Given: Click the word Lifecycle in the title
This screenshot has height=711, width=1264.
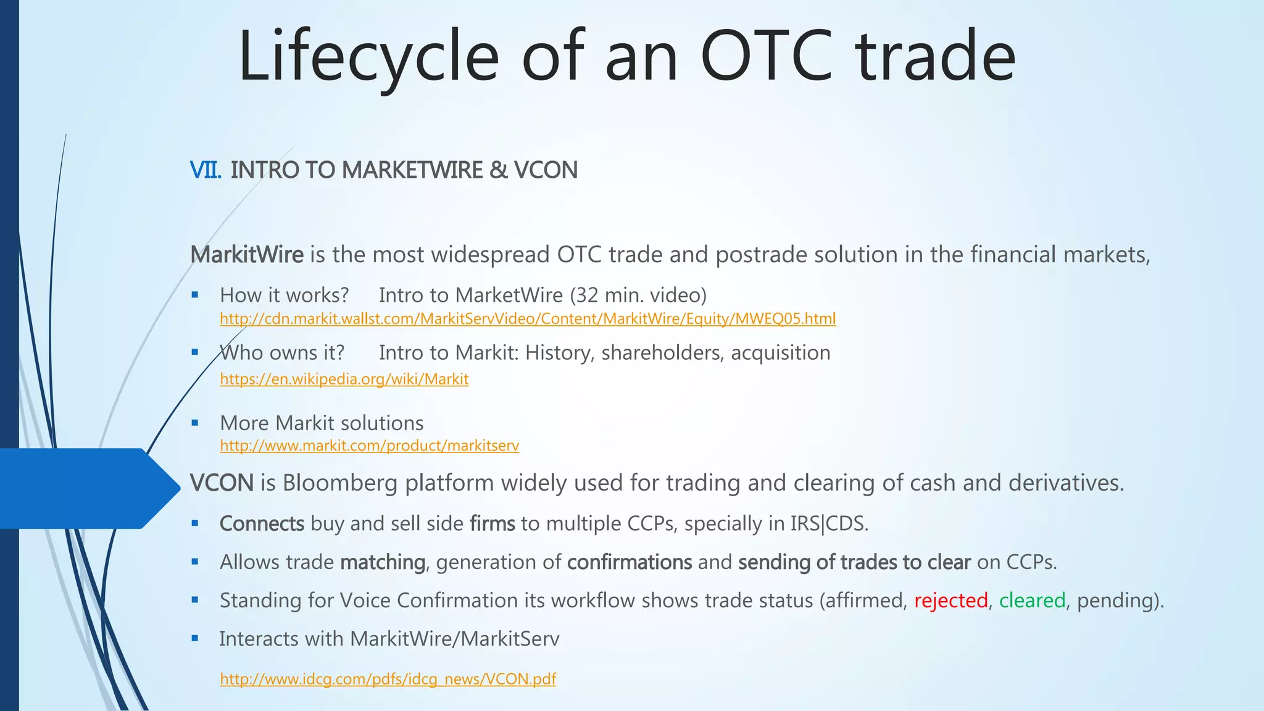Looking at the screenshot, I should coord(368,57).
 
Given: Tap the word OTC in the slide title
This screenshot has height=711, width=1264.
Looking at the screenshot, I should coord(768,57).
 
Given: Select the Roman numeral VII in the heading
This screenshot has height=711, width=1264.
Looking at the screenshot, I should coord(205,170).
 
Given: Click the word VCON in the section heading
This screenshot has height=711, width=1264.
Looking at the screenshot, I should coord(546,170).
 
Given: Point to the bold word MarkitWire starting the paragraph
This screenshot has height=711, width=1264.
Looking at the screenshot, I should coord(247,255).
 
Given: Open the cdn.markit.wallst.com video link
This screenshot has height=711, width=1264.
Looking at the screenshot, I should coord(528,319).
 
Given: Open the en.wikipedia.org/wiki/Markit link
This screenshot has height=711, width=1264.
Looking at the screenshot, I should coord(344,379).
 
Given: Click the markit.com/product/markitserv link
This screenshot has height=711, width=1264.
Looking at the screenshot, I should coord(369,446).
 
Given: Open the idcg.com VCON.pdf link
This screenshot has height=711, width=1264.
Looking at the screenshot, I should coord(388,679).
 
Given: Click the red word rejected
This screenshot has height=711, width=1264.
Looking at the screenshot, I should coord(950,601).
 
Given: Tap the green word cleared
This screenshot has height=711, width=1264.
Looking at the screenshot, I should coord(1032,601).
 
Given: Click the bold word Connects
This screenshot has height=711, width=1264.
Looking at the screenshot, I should coord(262,524).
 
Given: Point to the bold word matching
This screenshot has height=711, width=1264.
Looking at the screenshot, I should coord(383,562).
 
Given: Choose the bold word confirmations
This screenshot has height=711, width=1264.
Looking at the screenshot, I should coord(630,562).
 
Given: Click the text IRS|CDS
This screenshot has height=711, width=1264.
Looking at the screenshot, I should coord(828,524).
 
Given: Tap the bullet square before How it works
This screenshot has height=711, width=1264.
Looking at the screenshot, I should coord(195,296).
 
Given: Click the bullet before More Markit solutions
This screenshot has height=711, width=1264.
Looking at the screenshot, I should coord(195,423).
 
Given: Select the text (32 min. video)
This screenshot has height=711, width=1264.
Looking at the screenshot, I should coord(638,296).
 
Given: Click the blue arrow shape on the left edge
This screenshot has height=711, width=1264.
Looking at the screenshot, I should coord(86,488).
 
